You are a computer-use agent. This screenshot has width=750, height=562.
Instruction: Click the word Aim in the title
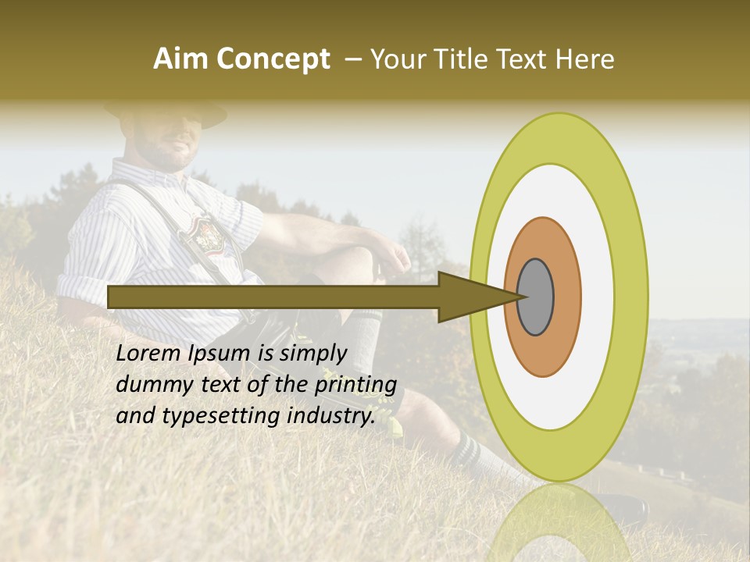click(180, 59)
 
